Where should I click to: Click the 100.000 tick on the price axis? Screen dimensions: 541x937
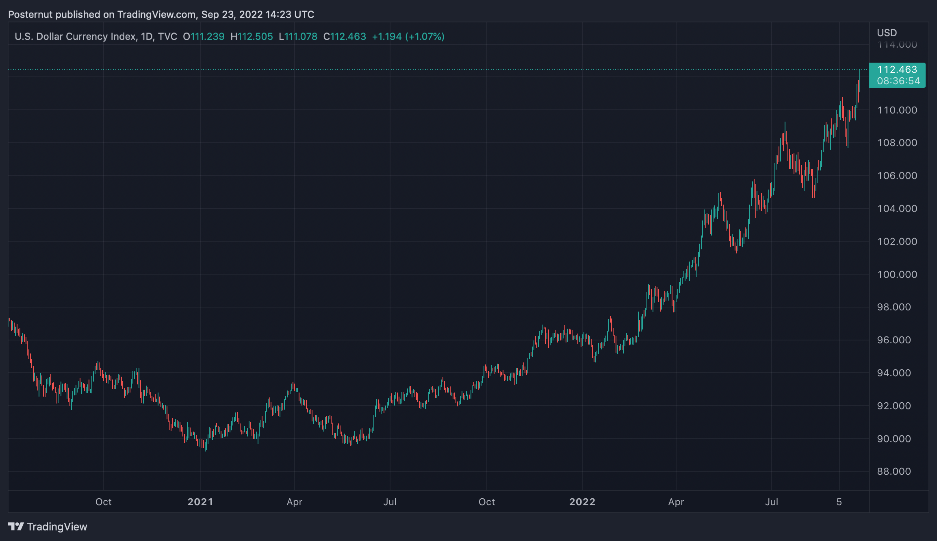pos(897,275)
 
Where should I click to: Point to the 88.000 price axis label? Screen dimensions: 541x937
pos(894,471)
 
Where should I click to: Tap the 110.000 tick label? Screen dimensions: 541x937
pos(897,110)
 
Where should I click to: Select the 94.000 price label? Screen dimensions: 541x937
pos(894,373)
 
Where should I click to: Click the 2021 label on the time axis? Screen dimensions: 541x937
pos(200,502)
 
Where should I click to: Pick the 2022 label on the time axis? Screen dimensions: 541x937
pos(582,502)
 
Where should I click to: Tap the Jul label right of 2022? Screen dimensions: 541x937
pos(772,502)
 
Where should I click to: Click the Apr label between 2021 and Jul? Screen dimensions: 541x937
pos(295,502)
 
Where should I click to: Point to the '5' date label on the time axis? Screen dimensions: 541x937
pos(839,502)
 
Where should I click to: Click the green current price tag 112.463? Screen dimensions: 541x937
pos(897,70)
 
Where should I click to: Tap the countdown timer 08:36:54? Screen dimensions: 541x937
pos(898,81)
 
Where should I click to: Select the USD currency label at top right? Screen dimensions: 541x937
pos(887,33)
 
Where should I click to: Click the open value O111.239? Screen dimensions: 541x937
pos(204,37)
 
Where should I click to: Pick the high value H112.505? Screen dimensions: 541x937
pos(252,37)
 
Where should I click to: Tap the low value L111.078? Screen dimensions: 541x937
pos(298,37)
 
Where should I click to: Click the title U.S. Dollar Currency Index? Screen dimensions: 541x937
pos(75,37)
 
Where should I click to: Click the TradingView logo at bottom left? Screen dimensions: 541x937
pos(48,527)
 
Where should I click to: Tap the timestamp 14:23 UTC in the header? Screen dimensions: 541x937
pos(290,15)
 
